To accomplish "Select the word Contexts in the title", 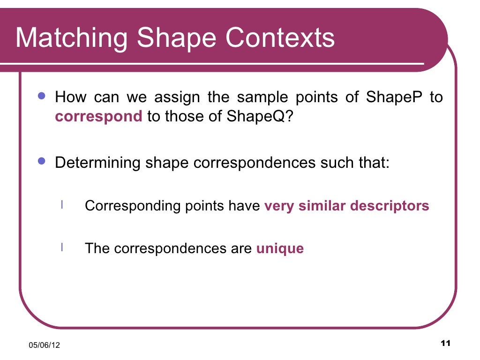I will [280, 38].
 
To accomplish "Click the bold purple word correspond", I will [98, 116].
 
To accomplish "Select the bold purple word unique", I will [280, 248].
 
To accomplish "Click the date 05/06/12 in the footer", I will [45, 345].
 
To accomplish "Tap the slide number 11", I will [445, 344].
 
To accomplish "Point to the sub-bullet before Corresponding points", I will [62, 205].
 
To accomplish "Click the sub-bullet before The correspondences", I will [62, 247].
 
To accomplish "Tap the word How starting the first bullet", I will [71, 97].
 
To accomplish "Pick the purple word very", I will [279, 206].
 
